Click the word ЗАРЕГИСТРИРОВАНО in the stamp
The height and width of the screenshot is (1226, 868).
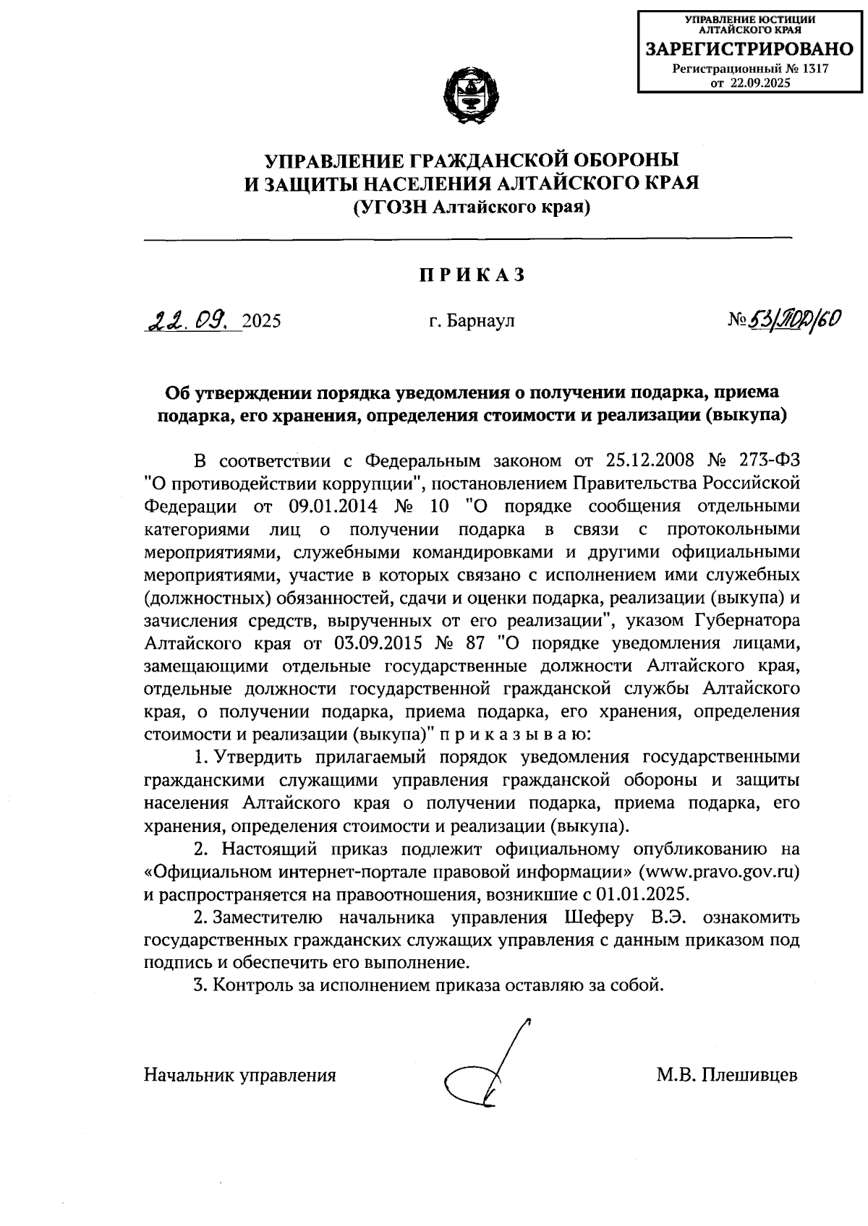coord(750,50)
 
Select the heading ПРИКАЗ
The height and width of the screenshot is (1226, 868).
coord(470,275)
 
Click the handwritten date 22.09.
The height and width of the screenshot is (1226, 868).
coord(189,319)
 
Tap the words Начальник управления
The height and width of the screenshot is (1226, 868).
coord(240,1075)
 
